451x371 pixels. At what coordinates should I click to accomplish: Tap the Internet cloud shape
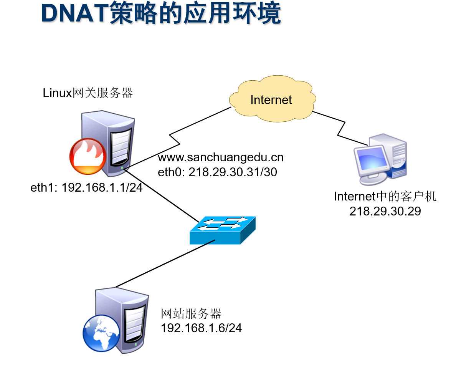click(x=271, y=99)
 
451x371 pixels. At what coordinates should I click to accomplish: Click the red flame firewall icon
click(x=87, y=157)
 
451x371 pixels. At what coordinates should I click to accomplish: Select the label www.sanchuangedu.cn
click(x=220, y=157)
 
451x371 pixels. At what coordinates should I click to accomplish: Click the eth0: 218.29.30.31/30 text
click(x=217, y=172)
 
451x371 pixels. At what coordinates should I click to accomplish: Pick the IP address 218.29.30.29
click(x=385, y=211)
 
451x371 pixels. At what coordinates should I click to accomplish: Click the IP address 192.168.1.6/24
click(x=201, y=328)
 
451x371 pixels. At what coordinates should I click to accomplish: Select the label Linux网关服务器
click(x=88, y=93)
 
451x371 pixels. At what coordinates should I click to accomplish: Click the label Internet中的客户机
click(x=385, y=196)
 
